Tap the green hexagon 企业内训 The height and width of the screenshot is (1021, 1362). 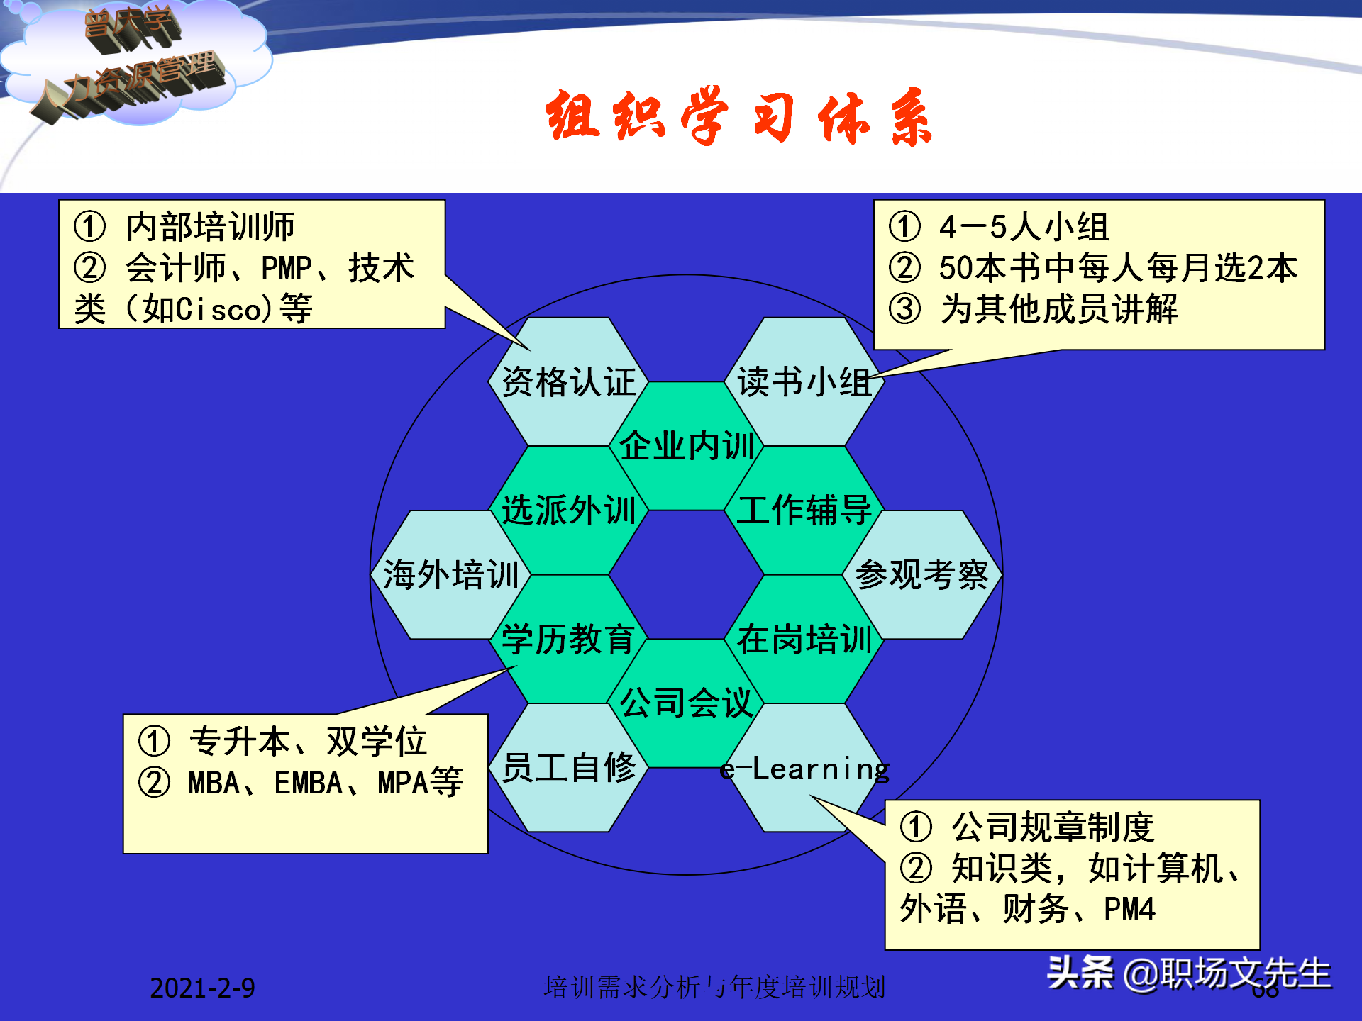coord(686,445)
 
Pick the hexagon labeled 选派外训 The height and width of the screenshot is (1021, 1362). coord(568,510)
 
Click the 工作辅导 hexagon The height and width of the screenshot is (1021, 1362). coord(804,510)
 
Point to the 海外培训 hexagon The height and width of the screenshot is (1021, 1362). coord(450,574)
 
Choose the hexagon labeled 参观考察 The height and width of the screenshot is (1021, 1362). coord(921,574)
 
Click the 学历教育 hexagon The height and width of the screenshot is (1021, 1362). coord(568,639)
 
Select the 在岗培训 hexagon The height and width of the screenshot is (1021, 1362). coord(804,639)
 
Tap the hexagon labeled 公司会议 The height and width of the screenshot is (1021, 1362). coord(686,703)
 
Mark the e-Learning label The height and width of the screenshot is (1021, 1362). coord(804,769)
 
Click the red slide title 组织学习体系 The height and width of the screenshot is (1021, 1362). coord(738,117)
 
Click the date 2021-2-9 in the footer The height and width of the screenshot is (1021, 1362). coord(202,988)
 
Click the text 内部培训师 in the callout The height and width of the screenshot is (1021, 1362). coord(210,227)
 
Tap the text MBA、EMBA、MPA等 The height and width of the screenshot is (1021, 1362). coord(325,783)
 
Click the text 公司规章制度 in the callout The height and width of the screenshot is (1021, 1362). coord(1052,827)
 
